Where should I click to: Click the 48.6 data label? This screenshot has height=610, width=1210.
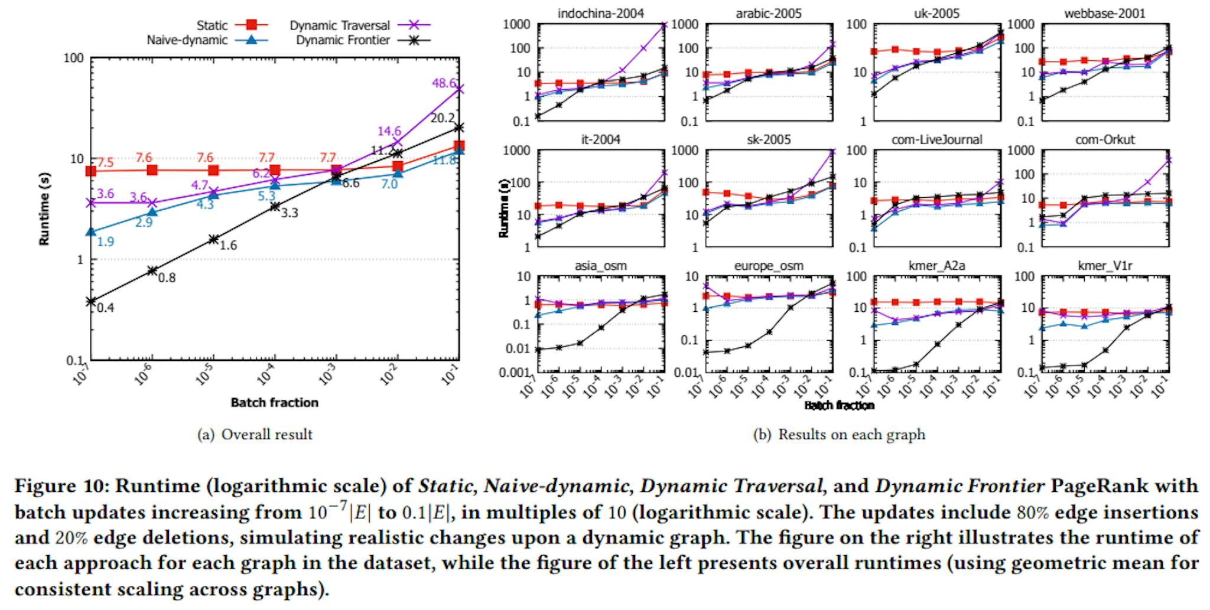(x=444, y=83)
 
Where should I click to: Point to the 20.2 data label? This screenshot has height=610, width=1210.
(x=443, y=118)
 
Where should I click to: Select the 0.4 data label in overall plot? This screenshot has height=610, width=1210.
(x=106, y=307)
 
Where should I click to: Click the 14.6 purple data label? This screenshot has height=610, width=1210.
(x=389, y=131)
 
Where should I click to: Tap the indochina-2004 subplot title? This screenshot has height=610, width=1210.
(x=601, y=13)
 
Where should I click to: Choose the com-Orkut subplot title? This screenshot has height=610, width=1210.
(x=1105, y=139)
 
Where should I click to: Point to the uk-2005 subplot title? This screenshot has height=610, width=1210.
(x=935, y=13)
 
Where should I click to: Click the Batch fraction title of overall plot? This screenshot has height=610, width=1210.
(x=274, y=403)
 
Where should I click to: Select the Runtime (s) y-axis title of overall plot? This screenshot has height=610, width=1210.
(x=44, y=208)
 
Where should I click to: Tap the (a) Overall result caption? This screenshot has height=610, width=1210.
(x=255, y=435)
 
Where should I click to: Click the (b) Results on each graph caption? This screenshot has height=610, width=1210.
(x=839, y=435)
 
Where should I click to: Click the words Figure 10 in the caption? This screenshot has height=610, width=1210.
(x=61, y=486)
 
